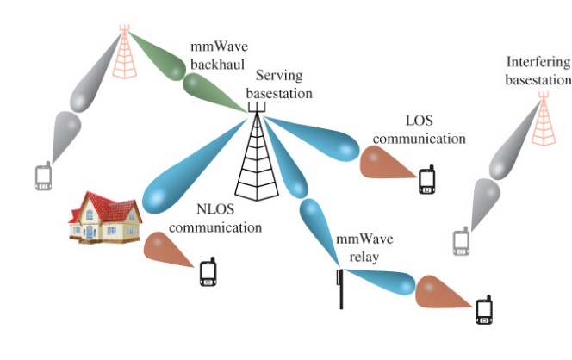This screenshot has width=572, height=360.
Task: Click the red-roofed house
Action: click(x=105, y=219)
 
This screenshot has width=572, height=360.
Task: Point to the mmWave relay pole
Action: click(x=340, y=289)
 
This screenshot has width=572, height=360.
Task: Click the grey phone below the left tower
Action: click(x=43, y=177)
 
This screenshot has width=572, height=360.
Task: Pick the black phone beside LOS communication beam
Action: click(x=427, y=180)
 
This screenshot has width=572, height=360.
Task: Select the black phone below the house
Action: click(x=208, y=272)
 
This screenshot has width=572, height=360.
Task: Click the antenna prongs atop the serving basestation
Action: click(x=255, y=108)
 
